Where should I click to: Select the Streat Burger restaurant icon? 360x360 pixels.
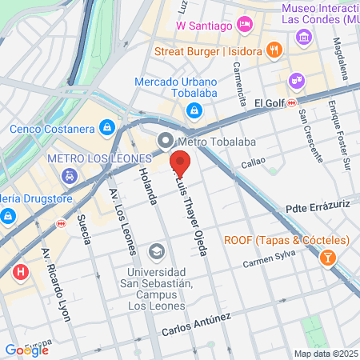click(274, 50)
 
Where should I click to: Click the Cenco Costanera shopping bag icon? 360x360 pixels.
click(106, 128)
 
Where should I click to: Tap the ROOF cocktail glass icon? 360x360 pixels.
click(327, 258)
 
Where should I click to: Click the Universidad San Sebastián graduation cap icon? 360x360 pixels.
click(157, 251)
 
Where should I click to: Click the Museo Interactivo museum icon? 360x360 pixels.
click(303, 37)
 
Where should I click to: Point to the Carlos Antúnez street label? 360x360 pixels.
click(196, 324)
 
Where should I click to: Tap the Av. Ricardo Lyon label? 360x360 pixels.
click(56, 283)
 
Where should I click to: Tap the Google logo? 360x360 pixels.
click(26, 350)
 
